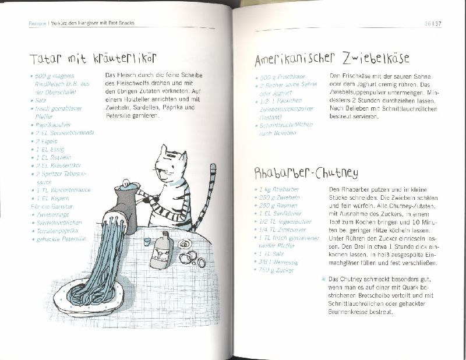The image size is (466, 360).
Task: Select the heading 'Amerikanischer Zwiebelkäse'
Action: pyautogui.click(x=332, y=59)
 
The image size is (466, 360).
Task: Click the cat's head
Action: pyautogui.click(x=172, y=165)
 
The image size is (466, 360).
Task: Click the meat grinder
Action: pyautogui.click(x=125, y=204)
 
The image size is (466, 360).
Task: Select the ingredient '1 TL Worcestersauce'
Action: pyautogui.click(x=59, y=190)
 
